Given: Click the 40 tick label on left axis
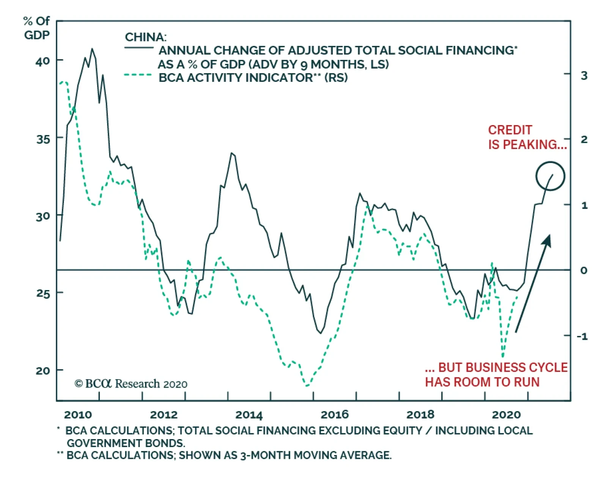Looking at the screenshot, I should tap(42, 61).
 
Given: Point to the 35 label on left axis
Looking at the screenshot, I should tap(42, 139).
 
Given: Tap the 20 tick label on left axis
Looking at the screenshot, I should tap(42, 370).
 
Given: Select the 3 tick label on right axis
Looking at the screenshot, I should tap(584, 75).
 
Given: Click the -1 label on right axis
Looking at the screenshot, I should tap(582, 336).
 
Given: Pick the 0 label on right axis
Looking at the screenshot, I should tap(583, 270).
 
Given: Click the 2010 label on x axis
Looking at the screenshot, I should tap(78, 414).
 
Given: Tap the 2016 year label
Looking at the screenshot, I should tap(334, 414).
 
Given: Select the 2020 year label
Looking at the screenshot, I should tap(506, 414).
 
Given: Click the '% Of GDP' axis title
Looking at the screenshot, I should tap(36, 28).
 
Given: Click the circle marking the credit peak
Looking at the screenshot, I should tap(550, 176).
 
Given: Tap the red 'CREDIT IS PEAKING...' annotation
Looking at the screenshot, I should tap(527, 137).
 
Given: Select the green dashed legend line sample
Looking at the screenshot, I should tap(138, 75).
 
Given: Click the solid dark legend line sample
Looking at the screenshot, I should tap(139, 48).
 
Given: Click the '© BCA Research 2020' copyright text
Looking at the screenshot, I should tap(131, 384).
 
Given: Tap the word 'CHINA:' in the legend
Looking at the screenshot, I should tap(145, 37).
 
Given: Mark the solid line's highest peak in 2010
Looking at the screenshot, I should tap(92, 49).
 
